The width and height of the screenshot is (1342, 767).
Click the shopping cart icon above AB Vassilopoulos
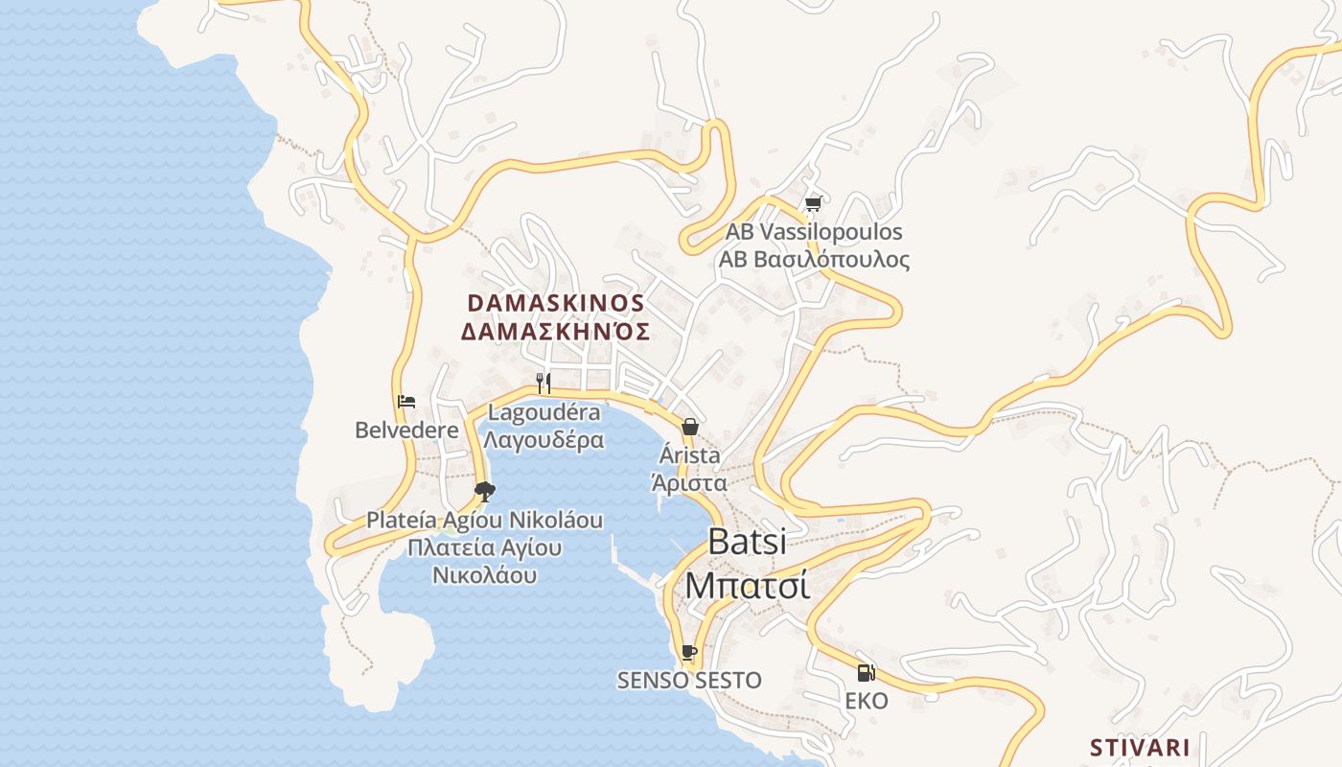tap(814, 203)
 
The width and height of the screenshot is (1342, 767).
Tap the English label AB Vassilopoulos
tap(813, 232)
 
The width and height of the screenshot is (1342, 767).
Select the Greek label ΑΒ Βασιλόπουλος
tap(814, 260)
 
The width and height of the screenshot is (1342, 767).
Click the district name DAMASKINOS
tap(555, 303)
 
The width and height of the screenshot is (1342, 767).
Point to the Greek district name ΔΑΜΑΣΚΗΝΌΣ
tap(555, 333)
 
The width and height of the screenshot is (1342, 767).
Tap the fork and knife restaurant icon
tap(543, 383)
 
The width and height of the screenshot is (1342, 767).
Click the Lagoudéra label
tap(544, 413)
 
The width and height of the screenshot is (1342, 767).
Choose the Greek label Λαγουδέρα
tap(544, 440)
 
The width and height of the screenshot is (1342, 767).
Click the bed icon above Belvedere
tap(406, 402)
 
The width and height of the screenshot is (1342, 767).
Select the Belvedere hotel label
tap(406, 430)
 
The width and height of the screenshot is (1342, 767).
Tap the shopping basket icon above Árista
tap(689, 427)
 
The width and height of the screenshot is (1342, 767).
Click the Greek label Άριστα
tap(689, 482)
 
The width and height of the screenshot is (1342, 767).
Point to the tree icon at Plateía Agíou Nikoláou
tap(485, 492)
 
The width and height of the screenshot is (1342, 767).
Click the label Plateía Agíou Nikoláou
tap(484, 521)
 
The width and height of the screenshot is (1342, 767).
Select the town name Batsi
tap(747, 542)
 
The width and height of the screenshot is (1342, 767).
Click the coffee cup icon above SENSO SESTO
tap(688, 653)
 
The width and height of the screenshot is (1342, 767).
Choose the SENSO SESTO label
tap(688, 681)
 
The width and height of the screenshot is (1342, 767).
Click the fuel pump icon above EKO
tap(866, 673)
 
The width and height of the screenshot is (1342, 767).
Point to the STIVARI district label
tap(1140, 748)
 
